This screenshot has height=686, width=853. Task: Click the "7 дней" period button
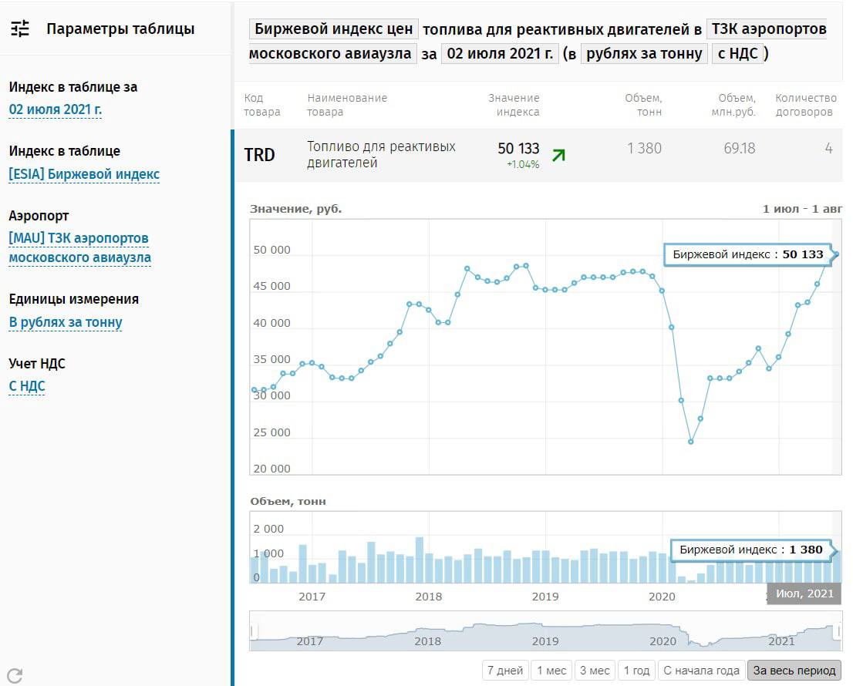coord(505,671)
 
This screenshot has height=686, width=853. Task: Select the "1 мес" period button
coord(551,671)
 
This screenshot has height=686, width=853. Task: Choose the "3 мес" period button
coord(595,671)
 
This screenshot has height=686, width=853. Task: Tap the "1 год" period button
coord(636,671)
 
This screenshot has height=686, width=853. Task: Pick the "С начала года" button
coord(701,671)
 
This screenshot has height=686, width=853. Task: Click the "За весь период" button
coord(794,671)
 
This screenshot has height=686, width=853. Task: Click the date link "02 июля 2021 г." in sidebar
coord(56,109)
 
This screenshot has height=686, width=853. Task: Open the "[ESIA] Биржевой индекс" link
coord(84,174)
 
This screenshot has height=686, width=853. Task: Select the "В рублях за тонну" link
coord(66,322)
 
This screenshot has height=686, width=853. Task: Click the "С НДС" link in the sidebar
coord(27,386)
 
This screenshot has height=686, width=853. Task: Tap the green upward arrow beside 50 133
coord(558,155)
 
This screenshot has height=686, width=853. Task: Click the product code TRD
coord(259,155)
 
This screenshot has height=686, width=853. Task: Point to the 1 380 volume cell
coord(644,148)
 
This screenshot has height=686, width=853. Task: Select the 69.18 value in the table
coord(739,148)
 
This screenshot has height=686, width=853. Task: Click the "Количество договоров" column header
coord(805,105)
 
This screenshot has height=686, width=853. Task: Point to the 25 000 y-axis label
coord(271,432)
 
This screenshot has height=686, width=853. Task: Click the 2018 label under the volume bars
coord(428,596)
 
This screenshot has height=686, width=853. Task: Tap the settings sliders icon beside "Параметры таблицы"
coord(20,29)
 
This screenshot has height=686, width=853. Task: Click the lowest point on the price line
coord(691,442)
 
